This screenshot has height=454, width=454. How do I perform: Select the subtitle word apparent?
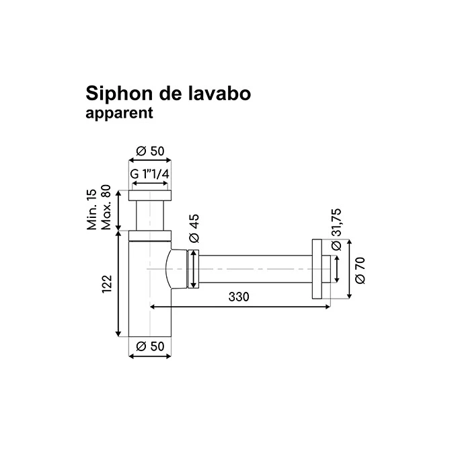point(120,113)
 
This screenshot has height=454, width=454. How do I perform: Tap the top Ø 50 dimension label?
point(150,151)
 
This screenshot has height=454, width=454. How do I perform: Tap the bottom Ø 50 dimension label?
point(150,346)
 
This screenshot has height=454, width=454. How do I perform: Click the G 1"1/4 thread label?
point(149,174)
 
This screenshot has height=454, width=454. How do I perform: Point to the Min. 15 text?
point(93,210)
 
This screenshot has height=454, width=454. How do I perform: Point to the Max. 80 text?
point(106,210)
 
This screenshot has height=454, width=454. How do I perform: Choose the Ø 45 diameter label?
point(193,229)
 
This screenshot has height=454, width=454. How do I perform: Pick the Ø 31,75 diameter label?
point(337,228)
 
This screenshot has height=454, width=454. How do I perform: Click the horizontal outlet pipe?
point(256,270)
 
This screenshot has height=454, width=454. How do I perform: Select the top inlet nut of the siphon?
point(150,195)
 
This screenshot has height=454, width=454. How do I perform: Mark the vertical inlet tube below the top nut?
point(150,215)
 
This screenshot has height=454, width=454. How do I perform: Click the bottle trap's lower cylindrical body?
point(150,309)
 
